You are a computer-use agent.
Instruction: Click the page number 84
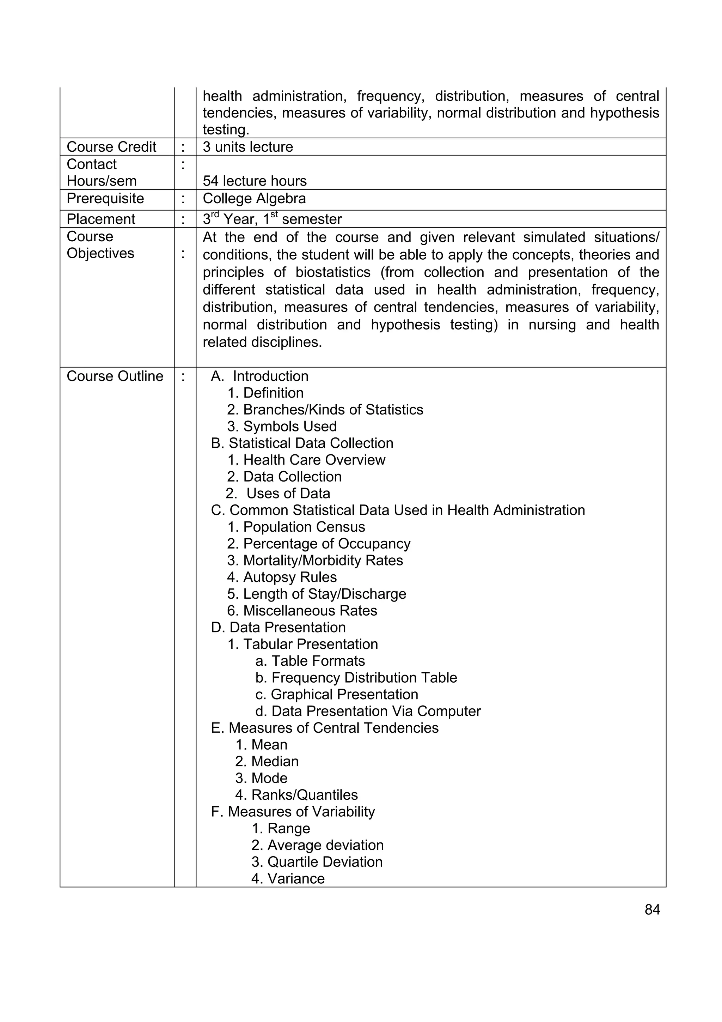[x=652, y=909]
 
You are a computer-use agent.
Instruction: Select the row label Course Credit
[x=111, y=147]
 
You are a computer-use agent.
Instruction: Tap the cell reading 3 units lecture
[x=248, y=147]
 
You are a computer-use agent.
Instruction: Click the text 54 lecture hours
[x=255, y=181]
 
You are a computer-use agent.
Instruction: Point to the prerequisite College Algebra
[x=254, y=199]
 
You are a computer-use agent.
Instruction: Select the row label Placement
[x=100, y=219]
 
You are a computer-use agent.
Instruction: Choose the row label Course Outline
[x=115, y=376]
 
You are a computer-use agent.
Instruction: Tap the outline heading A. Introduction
[x=259, y=376]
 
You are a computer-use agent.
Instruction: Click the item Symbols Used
[x=282, y=427]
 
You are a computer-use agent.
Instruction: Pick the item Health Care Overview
[x=306, y=460]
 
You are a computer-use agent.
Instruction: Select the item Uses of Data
[x=278, y=494]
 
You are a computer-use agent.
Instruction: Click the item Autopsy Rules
[x=282, y=577]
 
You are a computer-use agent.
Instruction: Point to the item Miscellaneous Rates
[x=302, y=611]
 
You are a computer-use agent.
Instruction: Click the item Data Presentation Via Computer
[x=368, y=711]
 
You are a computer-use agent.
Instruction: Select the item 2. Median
[x=267, y=762]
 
